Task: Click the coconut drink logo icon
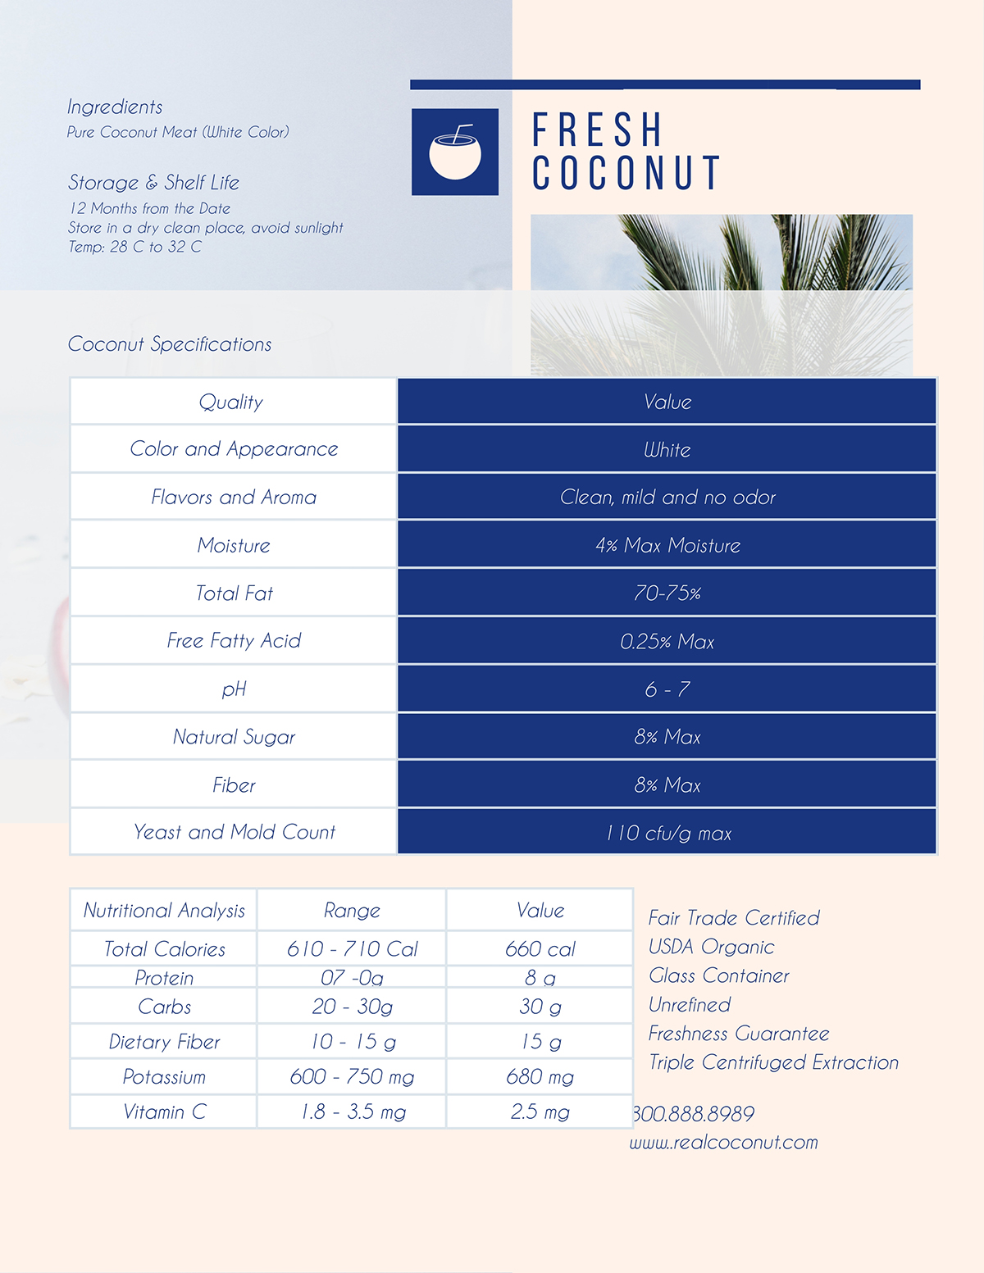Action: pyautogui.click(x=454, y=152)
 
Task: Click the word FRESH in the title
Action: pyautogui.click(x=597, y=130)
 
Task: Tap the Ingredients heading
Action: pyautogui.click(x=115, y=107)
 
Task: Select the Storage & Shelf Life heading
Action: pyautogui.click(x=153, y=182)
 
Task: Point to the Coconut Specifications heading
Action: pyautogui.click(x=170, y=344)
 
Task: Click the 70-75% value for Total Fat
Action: pyautogui.click(x=667, y=593)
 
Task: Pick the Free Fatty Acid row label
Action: pyautogui.click(x=234, y=640)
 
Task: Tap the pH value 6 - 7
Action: pyautogui.click(x=667, y=689)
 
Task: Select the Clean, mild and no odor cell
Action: pyautogui.click(x=667, y=497)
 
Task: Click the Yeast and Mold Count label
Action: pyautogui.click(x=234, y=832)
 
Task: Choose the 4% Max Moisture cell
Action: pyautogui.click(x=667, y=545)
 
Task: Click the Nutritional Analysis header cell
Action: pyautogui.click(x=164, y=910)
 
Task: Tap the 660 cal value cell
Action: pyautogui.click(x=540, y=949)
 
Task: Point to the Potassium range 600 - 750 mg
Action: pyautogui.click(x=352, y=1076)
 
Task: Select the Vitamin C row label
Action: pyautogui.click(x=164, y=1112)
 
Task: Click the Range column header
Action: pyautogui.click(x=352, y=910)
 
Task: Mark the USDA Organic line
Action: pyautogui.click(x=711, y=947)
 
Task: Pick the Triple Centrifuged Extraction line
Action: pyautogui.click(x=773, y=1062)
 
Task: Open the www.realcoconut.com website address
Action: pyautogui.click(x=724, y=1142)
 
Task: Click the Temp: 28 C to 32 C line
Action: pyautogui.click(x=134, y=247)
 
